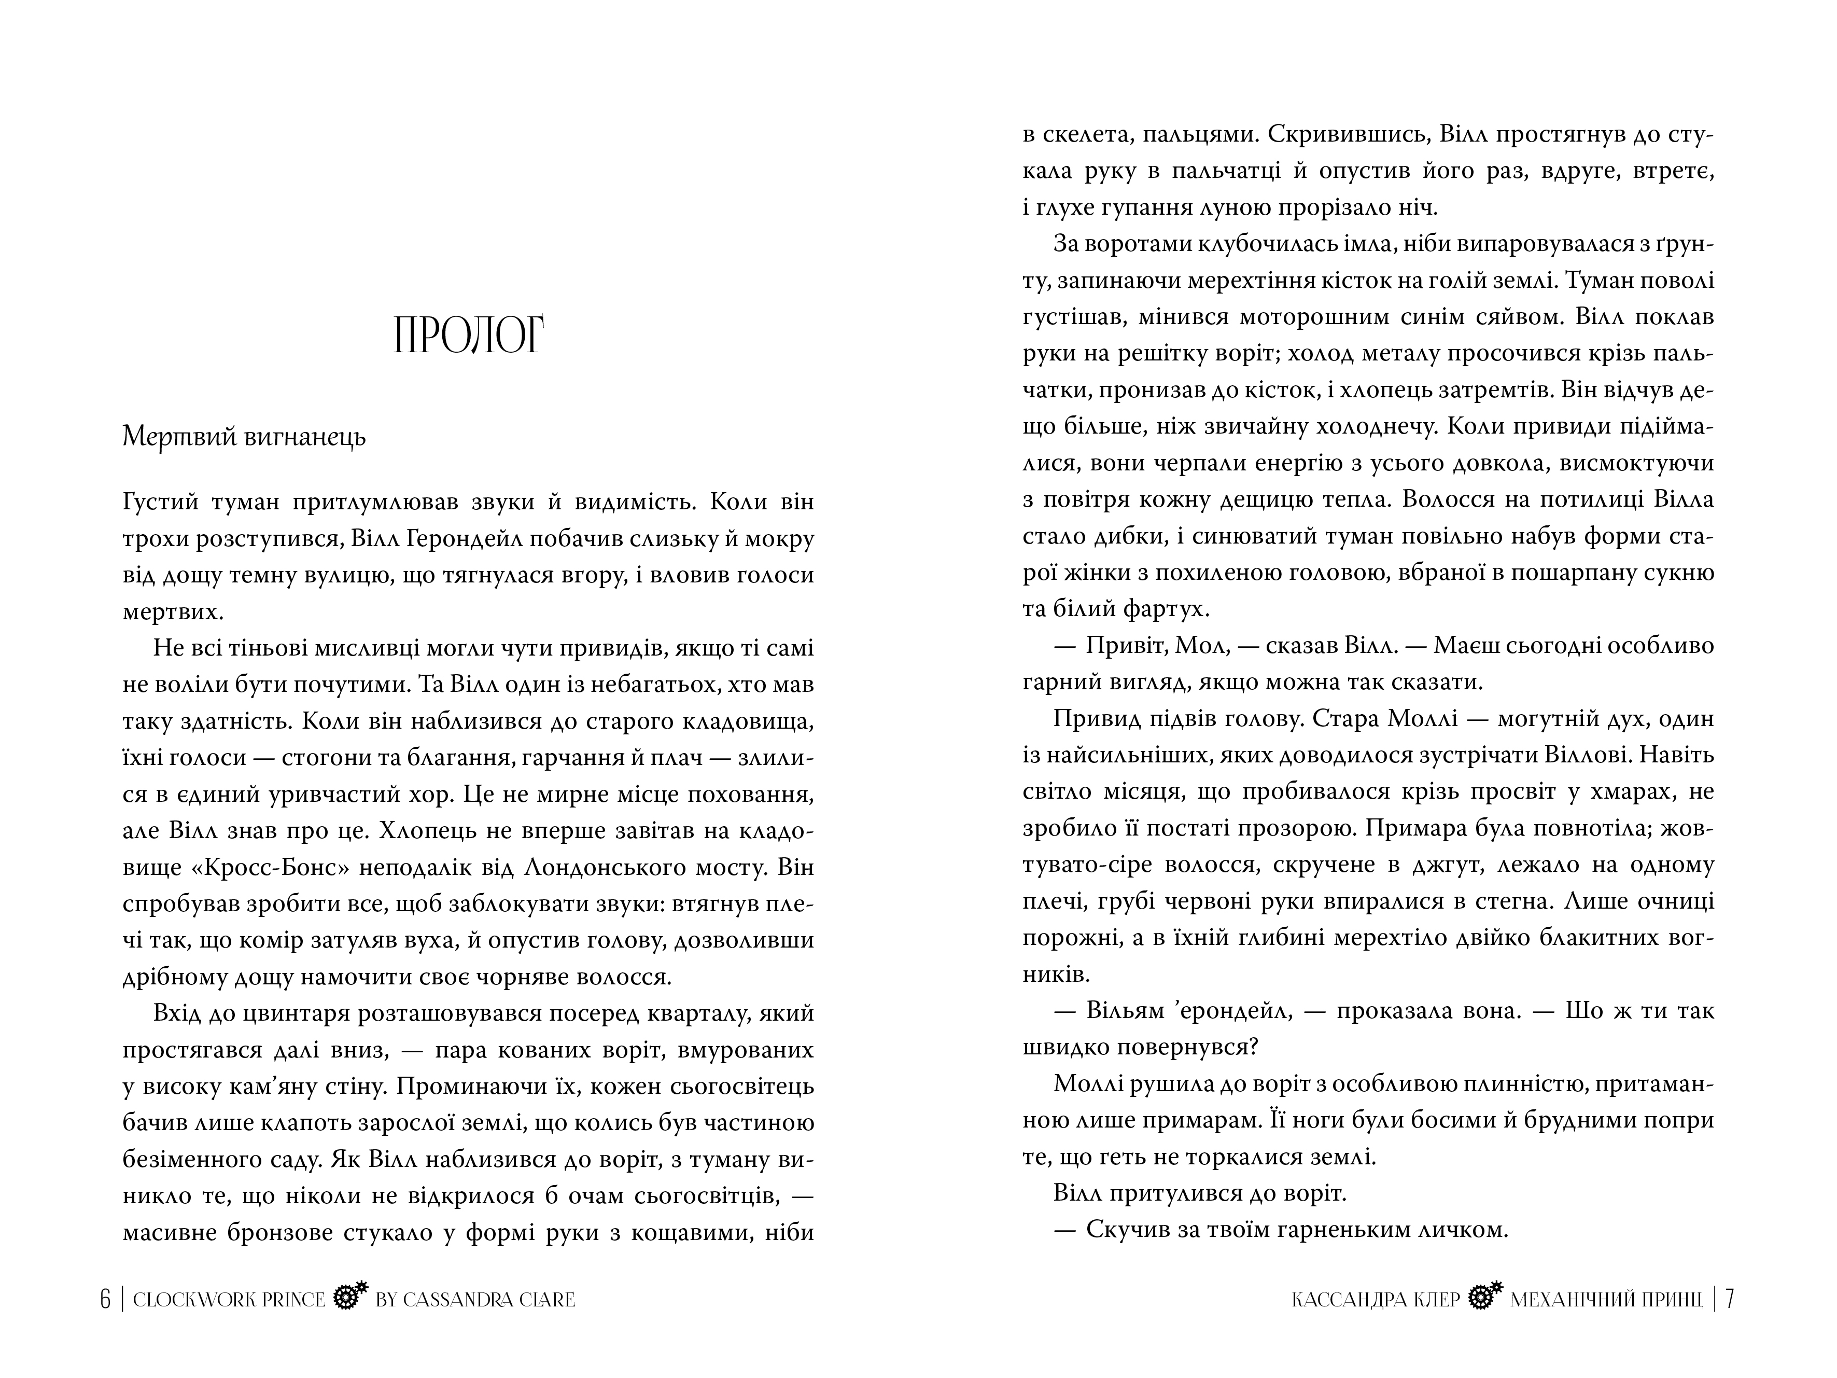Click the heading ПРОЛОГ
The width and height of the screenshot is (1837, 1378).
pos(468,335)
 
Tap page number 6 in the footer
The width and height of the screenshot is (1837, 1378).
pos(105,1299)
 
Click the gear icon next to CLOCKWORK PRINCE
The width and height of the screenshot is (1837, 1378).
pos(349,1298)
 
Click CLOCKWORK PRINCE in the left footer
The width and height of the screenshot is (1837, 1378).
pos(229,1300)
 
